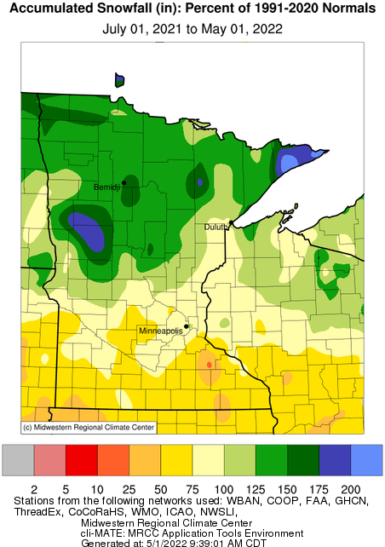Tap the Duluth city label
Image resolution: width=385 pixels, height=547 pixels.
(x=214, y=227)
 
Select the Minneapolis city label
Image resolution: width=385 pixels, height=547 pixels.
(x=160, y=330)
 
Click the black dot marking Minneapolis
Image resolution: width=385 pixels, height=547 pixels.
(x=187, y=325)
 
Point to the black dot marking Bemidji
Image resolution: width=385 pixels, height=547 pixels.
(x=124, y=182)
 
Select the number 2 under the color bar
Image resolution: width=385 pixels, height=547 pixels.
(x=34, y=489)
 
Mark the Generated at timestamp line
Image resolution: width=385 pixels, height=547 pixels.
(x=192, y=541)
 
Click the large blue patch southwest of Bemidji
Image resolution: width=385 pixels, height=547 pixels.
(x=89, y=231)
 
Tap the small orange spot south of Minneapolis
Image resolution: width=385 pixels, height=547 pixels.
(x=209, y=365)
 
